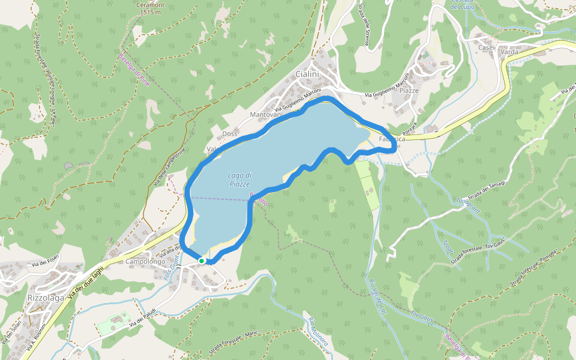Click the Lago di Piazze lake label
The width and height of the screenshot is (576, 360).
coord(240,179)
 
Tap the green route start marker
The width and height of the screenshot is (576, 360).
coord(202,261)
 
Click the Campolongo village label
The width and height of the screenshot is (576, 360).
coord(145,262)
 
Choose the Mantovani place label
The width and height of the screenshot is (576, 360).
coord(266,114)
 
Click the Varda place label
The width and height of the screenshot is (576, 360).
coord(509,52)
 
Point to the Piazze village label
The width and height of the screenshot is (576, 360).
coord(409,91)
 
